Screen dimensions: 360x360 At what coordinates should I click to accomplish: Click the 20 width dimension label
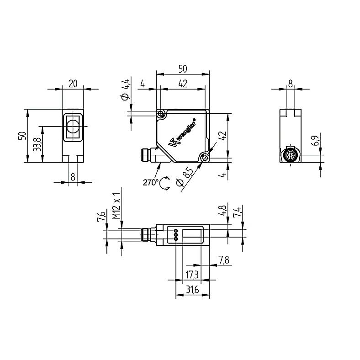[73, 84]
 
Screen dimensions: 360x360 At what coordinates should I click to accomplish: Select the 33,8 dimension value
[37, 144]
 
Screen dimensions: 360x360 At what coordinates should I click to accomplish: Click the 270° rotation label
[151, 182]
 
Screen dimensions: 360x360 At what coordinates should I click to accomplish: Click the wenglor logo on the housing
[183, 133]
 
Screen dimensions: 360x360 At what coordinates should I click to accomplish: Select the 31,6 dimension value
[192, 290]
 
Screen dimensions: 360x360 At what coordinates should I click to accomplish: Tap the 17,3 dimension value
[192, 275]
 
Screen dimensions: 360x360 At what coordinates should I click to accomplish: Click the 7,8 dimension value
[223, 260]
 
